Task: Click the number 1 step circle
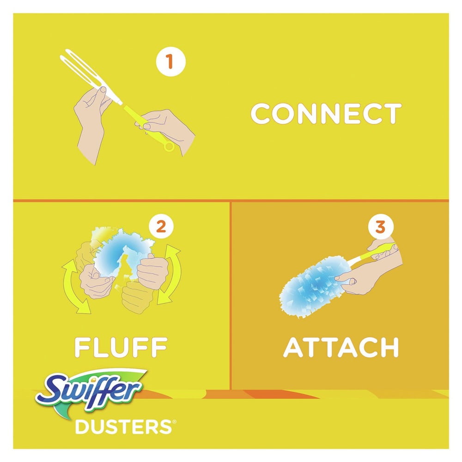[170, 61]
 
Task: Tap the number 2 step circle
[161, 227]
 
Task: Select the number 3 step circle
[380, 227]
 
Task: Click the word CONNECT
[326, 114]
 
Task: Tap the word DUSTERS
[124, 427]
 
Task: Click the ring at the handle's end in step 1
[169, 146]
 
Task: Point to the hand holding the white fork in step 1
[91, 118]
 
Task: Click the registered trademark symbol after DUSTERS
[174, 422]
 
